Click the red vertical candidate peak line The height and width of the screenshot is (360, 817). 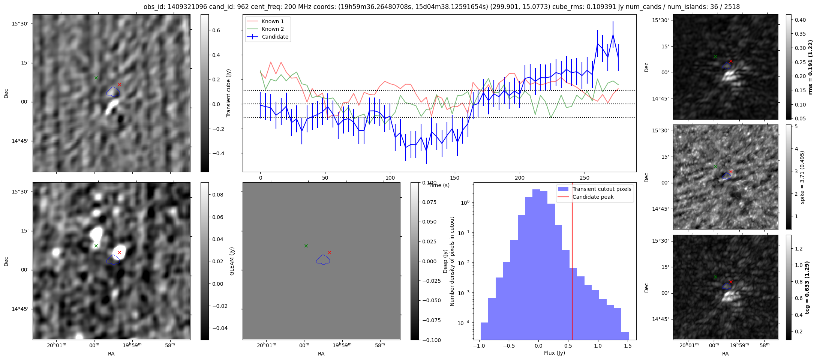pyautogui.click(x=572, y=262)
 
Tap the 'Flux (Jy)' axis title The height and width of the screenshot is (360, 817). pyautogui.click(x=554, y=353)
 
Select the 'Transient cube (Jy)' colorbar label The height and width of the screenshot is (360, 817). pyautogui.click(x=228, y=93)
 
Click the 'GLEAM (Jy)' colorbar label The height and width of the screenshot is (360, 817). pyautogui.click(x=232, y=261)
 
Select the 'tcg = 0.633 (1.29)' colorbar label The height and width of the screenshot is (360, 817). pyautogui.click(x=807, y=287)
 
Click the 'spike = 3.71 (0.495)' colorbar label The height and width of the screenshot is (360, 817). pyautogui.click(x=802, y=177)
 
